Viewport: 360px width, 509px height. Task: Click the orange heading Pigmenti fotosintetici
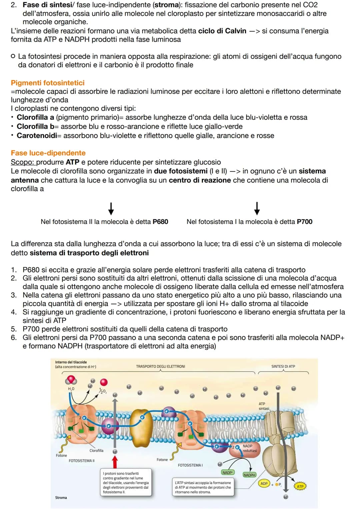(47, 83)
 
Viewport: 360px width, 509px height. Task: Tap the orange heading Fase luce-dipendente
(48, 153)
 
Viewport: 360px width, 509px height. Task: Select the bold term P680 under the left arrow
(160, 222)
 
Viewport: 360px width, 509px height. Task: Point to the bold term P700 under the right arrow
(305, 222)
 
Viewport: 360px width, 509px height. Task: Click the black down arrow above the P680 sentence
(111, 209)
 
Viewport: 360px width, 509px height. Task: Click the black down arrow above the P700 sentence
(257, 209)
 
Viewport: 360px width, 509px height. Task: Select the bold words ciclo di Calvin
(222, 31)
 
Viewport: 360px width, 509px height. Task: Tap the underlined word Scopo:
(23, 162)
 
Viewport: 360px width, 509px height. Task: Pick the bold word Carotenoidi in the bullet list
(37, 135)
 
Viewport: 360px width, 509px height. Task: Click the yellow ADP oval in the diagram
(264, 483)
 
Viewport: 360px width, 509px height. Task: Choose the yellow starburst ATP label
(300, 486)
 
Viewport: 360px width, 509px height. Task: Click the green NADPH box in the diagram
(249, 475)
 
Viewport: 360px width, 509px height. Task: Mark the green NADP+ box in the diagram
(228, 472)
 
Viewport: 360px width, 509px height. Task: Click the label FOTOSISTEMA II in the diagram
(81, 461)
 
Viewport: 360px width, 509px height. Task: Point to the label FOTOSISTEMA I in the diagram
(190, 465)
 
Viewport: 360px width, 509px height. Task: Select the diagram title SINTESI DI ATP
(283, 366)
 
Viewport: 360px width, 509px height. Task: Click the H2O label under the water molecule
(71, 389)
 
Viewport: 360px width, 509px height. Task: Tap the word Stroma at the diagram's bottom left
(61, 497)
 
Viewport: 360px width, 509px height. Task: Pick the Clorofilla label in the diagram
(96, 450)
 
